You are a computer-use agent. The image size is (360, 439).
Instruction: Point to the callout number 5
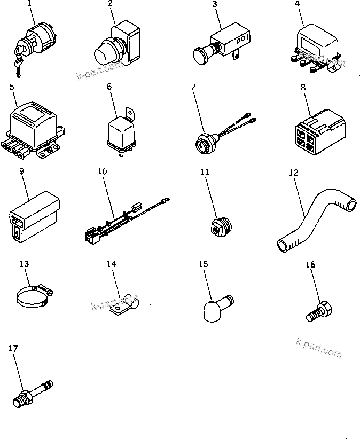11,86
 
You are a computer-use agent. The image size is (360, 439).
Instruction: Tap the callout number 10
102,171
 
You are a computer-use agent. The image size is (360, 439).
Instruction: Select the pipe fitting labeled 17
33,391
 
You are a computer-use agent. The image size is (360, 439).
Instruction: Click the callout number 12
293,173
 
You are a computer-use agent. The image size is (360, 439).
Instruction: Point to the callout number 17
13,348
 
